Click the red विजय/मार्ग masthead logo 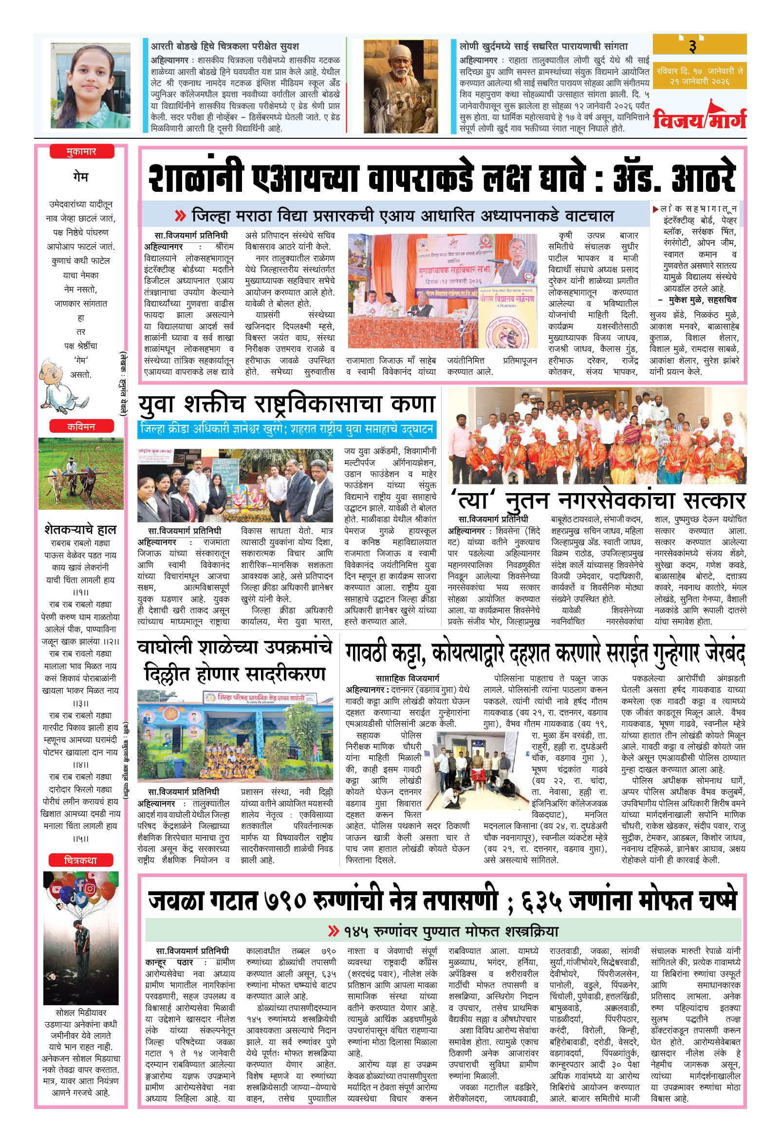699,118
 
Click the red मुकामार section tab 81,152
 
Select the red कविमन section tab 81,426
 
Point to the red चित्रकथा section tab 81,860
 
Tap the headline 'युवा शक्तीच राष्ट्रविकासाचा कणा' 286,404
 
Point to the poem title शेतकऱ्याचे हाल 80,529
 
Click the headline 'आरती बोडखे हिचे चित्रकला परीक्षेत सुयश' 225,46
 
